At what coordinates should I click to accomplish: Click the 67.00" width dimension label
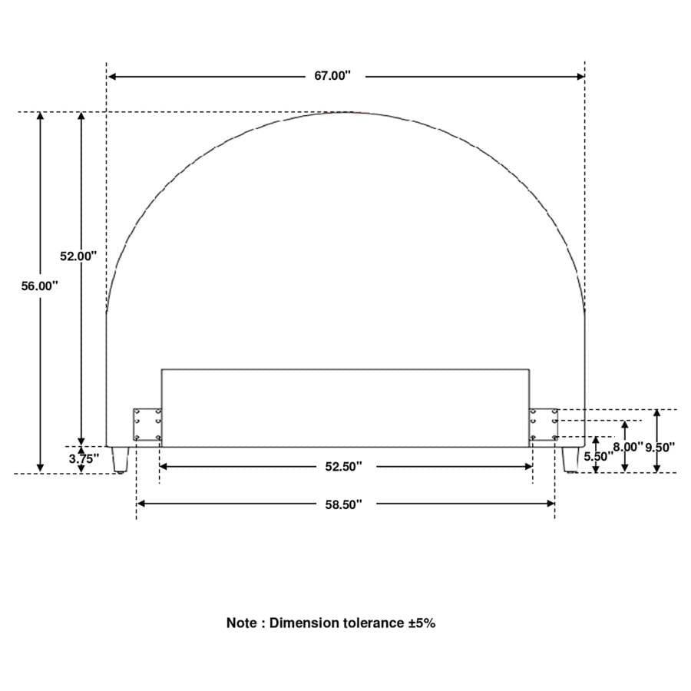tap(332, 76)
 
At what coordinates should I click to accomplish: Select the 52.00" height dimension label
tap(78, 256)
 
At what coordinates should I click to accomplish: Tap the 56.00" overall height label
tap(40, 286)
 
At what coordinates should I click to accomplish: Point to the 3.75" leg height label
tap(84, 459)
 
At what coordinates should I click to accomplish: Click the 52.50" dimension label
tap(344, 466)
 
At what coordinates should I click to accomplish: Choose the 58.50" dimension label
tap(344, 504)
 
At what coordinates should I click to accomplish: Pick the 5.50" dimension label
tap(599, 457)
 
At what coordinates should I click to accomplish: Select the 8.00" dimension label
tap(628, 447)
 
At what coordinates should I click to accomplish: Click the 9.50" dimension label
tap(660, 448)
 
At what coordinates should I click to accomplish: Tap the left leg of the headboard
tap(120, 460)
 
